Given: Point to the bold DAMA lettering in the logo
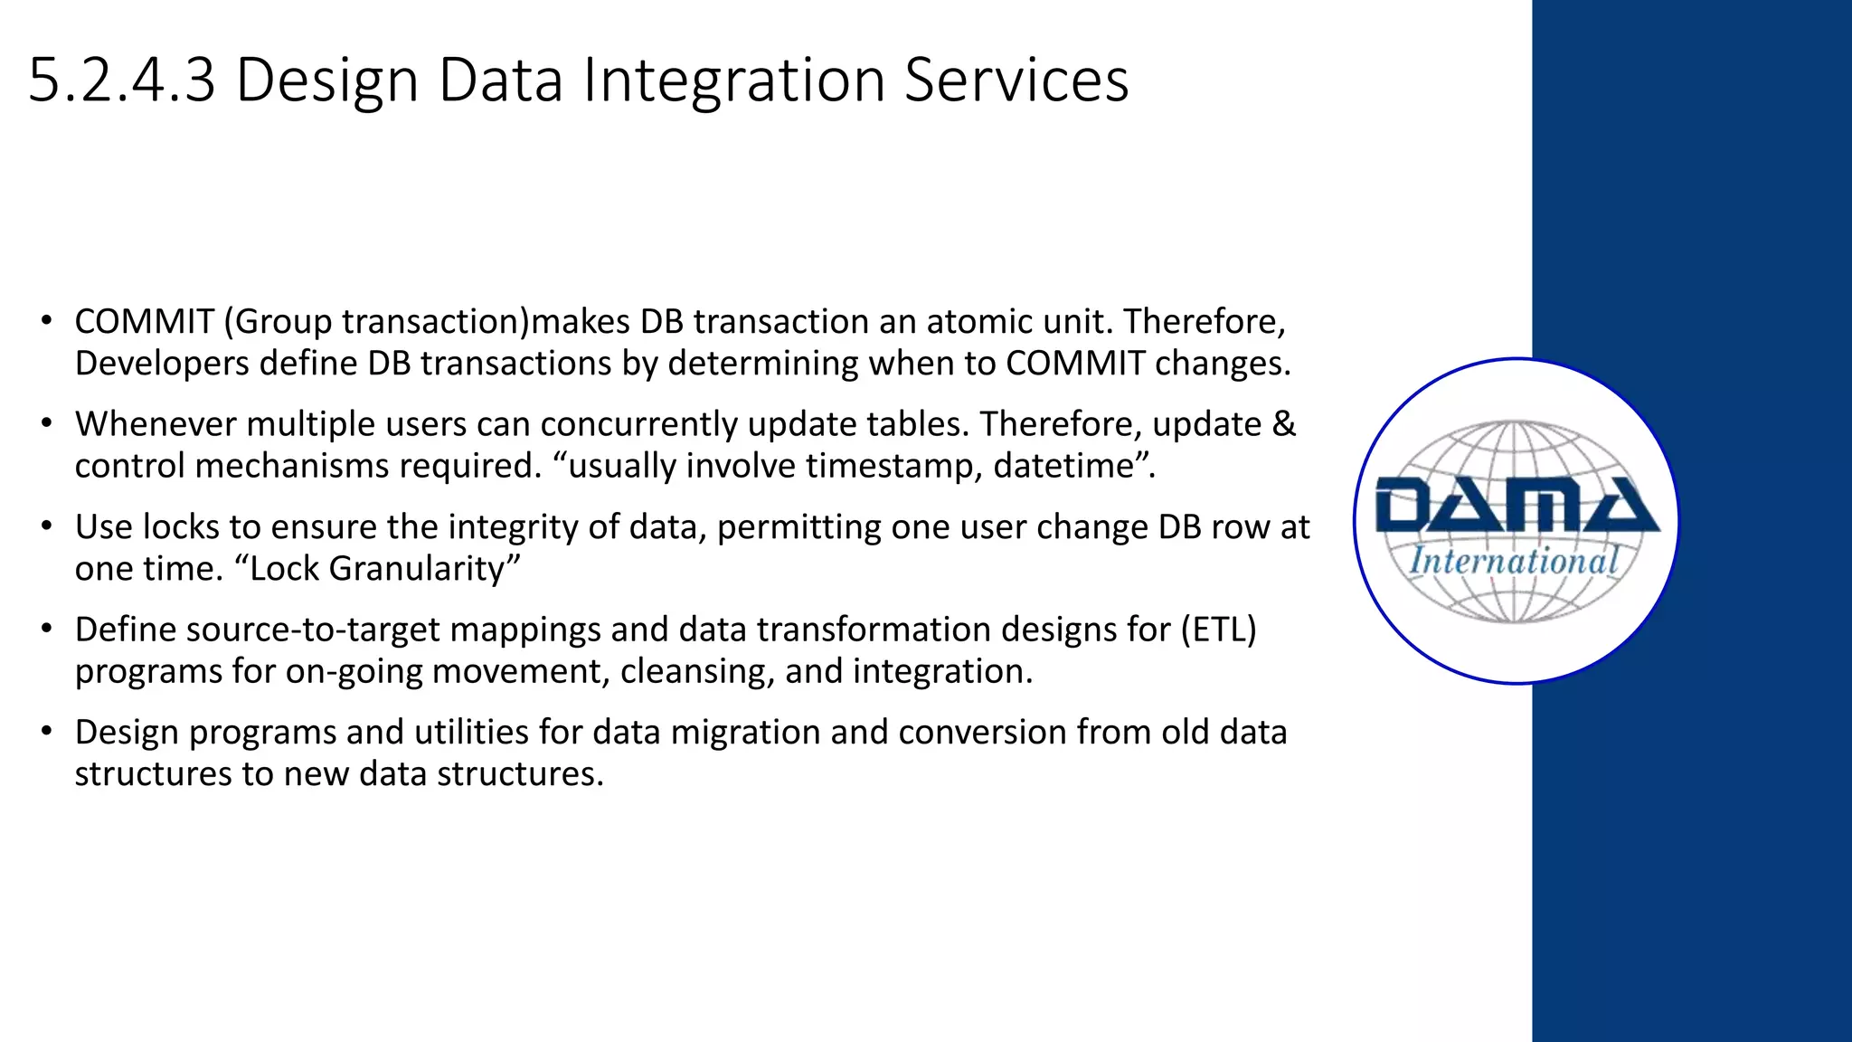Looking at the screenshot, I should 1517,507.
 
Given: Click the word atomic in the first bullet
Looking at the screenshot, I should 976,322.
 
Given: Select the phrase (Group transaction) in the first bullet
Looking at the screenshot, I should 375,323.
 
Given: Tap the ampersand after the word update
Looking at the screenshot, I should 1284,424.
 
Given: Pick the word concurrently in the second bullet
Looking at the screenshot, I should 638,424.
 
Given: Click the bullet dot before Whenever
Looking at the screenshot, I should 46,424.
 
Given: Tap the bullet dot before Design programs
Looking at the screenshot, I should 46,732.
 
